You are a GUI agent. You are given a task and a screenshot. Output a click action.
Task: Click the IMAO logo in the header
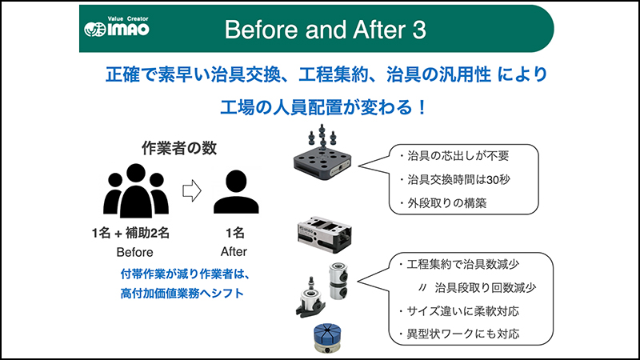tap(117, 27)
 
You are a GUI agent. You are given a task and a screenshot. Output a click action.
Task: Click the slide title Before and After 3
tap(326, 30)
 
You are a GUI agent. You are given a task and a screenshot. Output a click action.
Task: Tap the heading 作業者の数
tap(179, 148)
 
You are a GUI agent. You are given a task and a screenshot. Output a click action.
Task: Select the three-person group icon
tap(135, 190)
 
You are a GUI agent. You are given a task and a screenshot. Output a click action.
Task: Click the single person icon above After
tap(236, 192)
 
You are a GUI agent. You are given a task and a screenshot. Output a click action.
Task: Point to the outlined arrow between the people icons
tap(192, 190)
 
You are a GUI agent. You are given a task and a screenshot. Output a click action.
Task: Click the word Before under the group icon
tap(134, 252)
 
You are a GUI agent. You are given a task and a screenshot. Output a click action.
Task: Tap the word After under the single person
tap(234, 251)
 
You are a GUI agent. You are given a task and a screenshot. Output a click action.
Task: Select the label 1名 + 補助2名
tap(130, 233)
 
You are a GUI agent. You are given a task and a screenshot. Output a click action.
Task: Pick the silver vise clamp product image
tap(324, 235)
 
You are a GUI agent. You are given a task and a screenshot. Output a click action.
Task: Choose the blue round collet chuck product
tap(327, 338)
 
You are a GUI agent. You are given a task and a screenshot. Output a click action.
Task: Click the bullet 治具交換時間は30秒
tap(454, 179)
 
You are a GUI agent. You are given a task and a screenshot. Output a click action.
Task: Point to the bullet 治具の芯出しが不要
tap(454, 156)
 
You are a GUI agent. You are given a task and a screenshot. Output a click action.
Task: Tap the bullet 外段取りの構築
tap(443, 203)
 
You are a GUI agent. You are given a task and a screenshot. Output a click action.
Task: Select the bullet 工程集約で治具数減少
tap(459, 265)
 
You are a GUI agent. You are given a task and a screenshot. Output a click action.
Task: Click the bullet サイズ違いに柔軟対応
tap(459, 311)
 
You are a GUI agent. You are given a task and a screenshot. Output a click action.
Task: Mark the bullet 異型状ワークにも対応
tap(459, 334)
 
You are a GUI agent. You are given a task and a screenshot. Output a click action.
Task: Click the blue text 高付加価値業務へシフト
tap(182, 294)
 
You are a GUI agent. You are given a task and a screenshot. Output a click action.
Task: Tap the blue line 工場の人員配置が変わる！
tap(323, 108)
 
